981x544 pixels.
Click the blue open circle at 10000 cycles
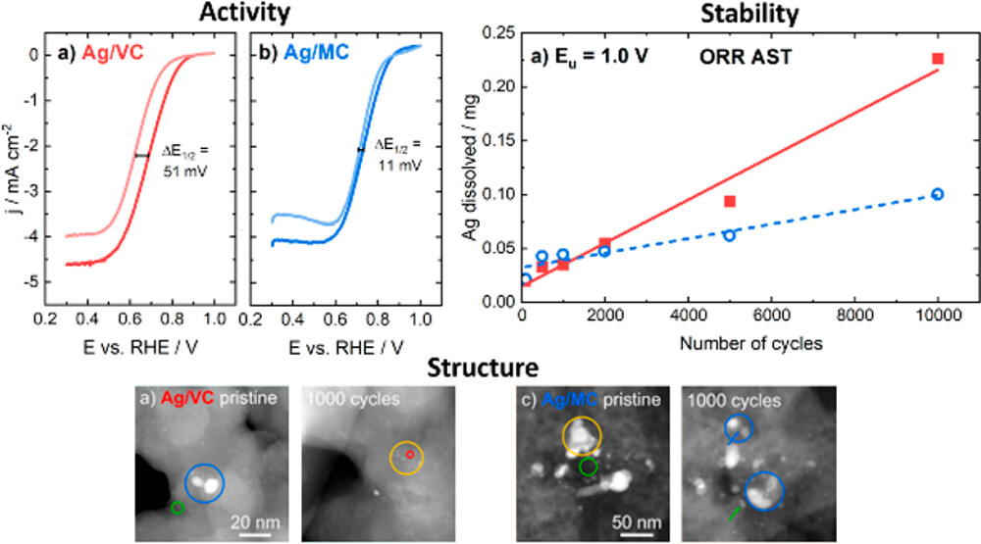tap(938, 194)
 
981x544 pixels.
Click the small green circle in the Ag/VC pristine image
tap(178, 507)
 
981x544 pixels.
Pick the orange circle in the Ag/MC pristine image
tap(582, 435)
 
